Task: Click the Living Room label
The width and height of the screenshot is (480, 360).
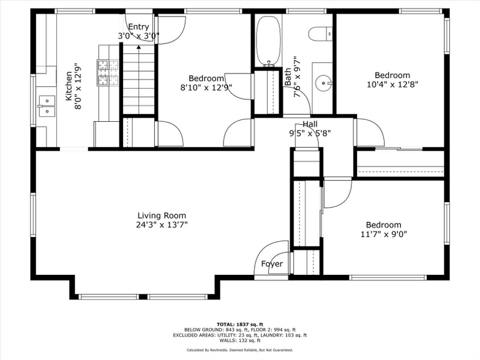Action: (161, 216)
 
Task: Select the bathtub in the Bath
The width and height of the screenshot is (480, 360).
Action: (267, 40)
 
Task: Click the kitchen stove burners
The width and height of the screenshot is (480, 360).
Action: (108, 72)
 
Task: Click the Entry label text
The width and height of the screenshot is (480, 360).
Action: (138, 26)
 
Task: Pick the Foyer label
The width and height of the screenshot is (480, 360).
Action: (272, 264)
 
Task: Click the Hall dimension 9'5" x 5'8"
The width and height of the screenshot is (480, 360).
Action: (310, 133)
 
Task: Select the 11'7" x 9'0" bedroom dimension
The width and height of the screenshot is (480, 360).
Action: (383, 234)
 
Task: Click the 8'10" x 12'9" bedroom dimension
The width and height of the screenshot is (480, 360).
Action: (206, 87)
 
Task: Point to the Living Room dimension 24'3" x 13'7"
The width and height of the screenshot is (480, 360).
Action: (162, 225)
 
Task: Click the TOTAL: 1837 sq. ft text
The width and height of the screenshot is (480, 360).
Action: (239, 324)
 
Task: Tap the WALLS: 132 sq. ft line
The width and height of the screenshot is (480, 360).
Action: (239, 340)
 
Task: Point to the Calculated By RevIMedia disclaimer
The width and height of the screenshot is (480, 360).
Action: (239, 350)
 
